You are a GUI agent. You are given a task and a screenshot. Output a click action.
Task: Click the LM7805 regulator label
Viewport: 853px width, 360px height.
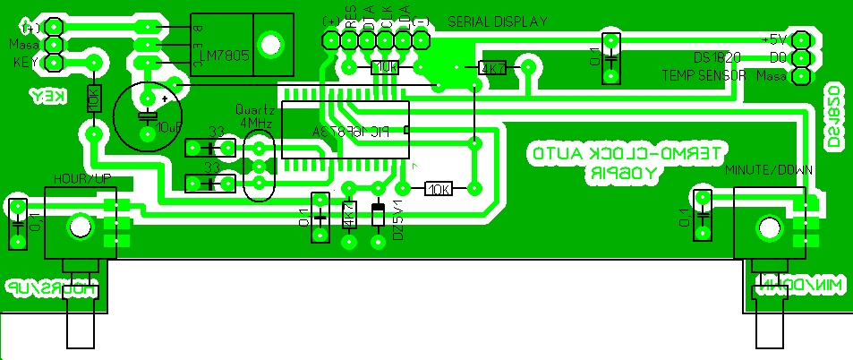[x=225, y=55]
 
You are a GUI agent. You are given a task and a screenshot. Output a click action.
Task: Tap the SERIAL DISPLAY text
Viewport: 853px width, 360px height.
[x=497, y=21]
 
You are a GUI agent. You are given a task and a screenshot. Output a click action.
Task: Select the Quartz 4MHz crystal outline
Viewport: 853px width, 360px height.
[x=257, y=167]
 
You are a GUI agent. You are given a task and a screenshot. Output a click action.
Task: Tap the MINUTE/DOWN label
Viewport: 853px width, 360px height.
[x=767, y=169]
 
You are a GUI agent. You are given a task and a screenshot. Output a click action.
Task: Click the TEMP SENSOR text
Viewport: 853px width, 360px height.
[x=704, y=76]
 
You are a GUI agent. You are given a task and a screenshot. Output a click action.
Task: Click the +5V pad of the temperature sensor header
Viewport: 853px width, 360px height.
[x=800, y=40]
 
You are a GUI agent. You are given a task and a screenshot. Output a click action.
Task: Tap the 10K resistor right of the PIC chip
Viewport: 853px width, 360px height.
[x=438, y=189]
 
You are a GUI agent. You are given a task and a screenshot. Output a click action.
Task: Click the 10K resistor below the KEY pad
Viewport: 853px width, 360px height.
[x=93, y=99]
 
